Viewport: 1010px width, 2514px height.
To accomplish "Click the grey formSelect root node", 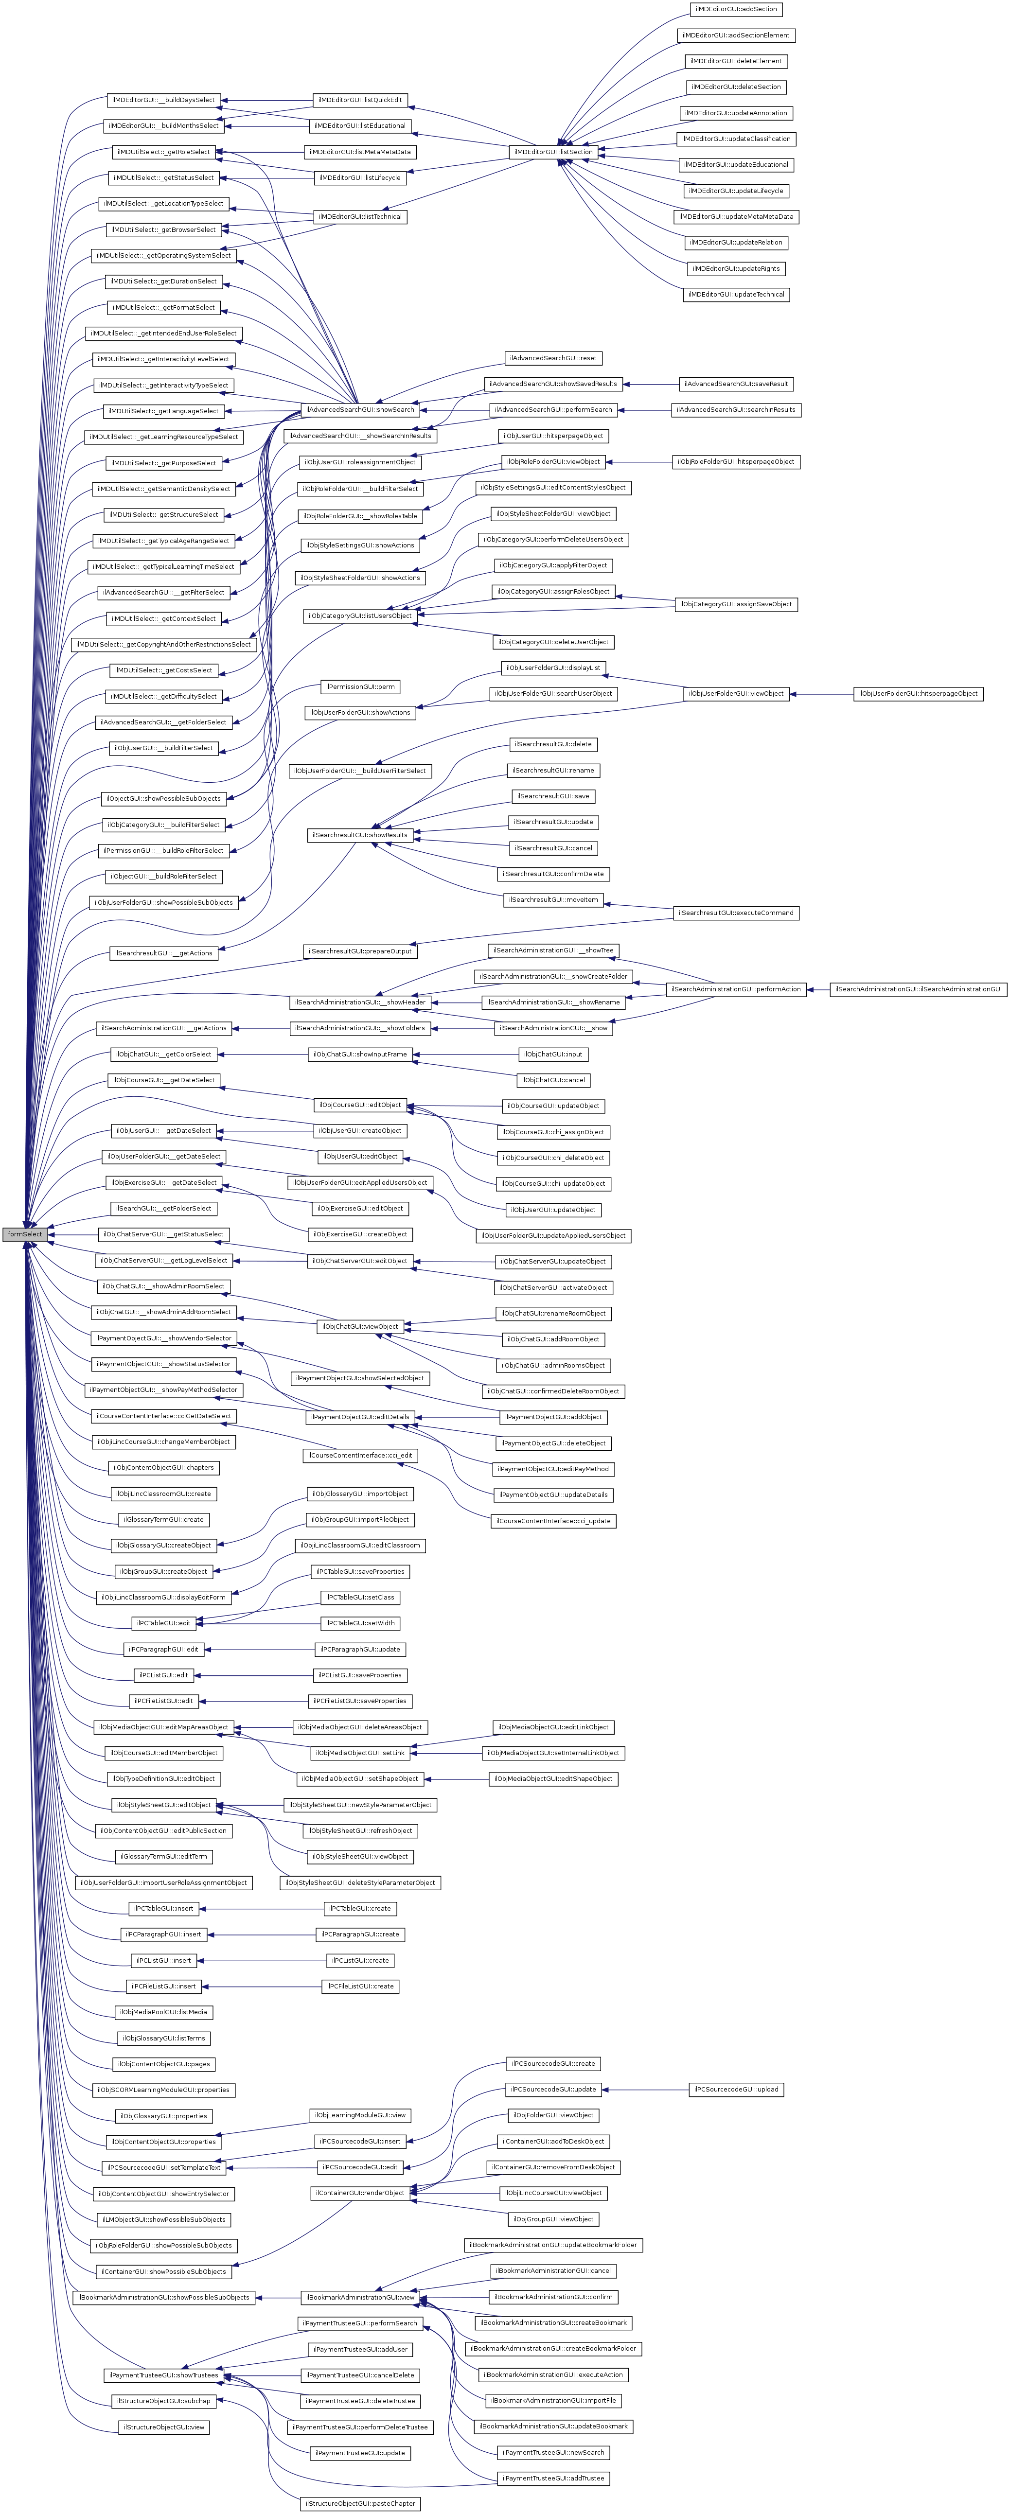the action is point(24,1233).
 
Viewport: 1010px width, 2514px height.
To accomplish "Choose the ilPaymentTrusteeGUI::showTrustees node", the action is point(163,2374).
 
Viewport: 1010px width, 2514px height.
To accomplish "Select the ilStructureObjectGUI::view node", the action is point(163,2426).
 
